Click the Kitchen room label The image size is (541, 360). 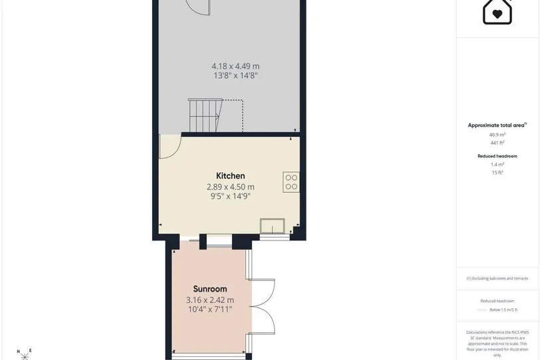[231, 176]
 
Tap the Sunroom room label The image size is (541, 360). [210, 289]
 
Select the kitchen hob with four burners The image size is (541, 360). [291, 182]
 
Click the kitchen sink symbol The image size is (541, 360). [272, 226]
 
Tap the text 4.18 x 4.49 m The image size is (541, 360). [235, 66]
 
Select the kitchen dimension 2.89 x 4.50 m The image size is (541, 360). [231, 187]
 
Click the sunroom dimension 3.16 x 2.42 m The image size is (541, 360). [210, 300]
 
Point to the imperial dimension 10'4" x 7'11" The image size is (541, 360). [210, 310]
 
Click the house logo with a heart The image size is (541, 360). [497, 12]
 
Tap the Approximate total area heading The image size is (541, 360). [496, 126]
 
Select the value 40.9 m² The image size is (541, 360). [497, 135]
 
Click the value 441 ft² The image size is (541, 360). [497, 143]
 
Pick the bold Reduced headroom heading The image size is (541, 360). [497, 156]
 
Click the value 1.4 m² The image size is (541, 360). [497, 165]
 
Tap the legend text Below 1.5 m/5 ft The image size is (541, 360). [503, 310]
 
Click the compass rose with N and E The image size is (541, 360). [24, 354]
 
